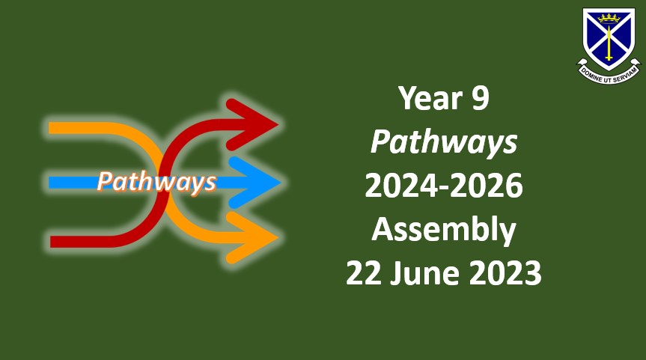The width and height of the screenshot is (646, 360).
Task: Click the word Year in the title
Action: pyautogui.click(x=430, y=99)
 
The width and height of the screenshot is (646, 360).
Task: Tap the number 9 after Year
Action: pyautogui.click(x=481, y=99)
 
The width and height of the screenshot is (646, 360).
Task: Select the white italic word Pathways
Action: pyautogui.click(x=444, y=143)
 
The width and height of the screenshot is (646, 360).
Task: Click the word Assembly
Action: pyautogui.click(x=444, y=231)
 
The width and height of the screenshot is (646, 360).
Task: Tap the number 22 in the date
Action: pyautogui.click(x=362, y=273)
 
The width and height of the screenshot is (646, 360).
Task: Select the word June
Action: pyautogui.click(x=424, y=273)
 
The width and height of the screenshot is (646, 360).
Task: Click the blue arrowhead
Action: pyautogui.click(x=254, y=182)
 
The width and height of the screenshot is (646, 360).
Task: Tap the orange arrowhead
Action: pyautogui.click(x=252, y=238)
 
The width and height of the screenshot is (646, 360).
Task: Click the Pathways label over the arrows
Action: pyautogui.click(x=156, y=182)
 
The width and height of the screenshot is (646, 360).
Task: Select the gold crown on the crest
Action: pyautogui.click(x=609, y=18)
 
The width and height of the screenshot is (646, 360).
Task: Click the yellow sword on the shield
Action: pyautogui.click(x=609, y=42)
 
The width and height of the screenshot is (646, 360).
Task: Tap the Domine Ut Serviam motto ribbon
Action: pyautogui.click(x=609, y=72)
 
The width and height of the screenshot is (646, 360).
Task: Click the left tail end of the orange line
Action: pyautogui.click(x=49, y=128)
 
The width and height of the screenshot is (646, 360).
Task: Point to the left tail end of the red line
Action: pyautogui.click(x=51, y=242)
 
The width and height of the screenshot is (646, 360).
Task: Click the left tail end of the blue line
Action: pyautogui.click(x=49, y=183)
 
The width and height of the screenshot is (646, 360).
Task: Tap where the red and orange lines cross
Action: pyautogui.click(x=164, y=183)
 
